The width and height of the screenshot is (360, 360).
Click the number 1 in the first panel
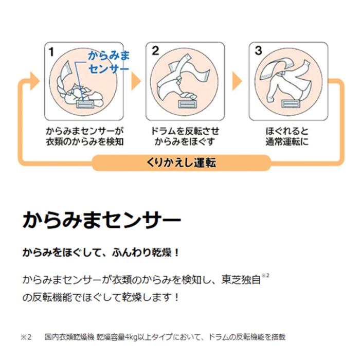pyautogui.click(x=51, y=51)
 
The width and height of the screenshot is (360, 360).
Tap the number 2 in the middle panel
pyautogui.click(x=155, y=51)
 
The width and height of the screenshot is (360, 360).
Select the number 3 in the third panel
pyautogui.click(x=259, y=51)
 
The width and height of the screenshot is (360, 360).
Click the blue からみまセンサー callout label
pyautogui.click(x=109, y=62)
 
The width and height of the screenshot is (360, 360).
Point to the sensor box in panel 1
pyautogui.click(x=85, y=104)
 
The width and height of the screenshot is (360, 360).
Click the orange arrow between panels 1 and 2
pyautogui.click(x=135, y=81)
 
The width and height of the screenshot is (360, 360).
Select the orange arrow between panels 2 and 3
pyautogui.click(x=237, y=81)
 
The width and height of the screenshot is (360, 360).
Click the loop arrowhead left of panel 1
pyautogui.click(x=34, y=81)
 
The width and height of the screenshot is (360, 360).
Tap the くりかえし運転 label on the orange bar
pyautogui.click(x=181, y=163)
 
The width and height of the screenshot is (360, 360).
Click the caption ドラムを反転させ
pyautogui.click(x=185, y=131)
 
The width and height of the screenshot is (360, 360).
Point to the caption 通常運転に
pyautogui.click(x=287, y=141)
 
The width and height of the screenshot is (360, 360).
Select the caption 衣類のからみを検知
pyautogui.click(x=85, y=141)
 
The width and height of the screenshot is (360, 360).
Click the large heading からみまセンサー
pyautogui.click(x=102, y=220)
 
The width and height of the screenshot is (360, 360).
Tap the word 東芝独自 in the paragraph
pyautogui.click(x=241, y=280)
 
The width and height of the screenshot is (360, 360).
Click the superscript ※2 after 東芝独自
pyautogui.click(x=265, y=275)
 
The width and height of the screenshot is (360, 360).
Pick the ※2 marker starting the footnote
pyautogui.click(x=26, y=337)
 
